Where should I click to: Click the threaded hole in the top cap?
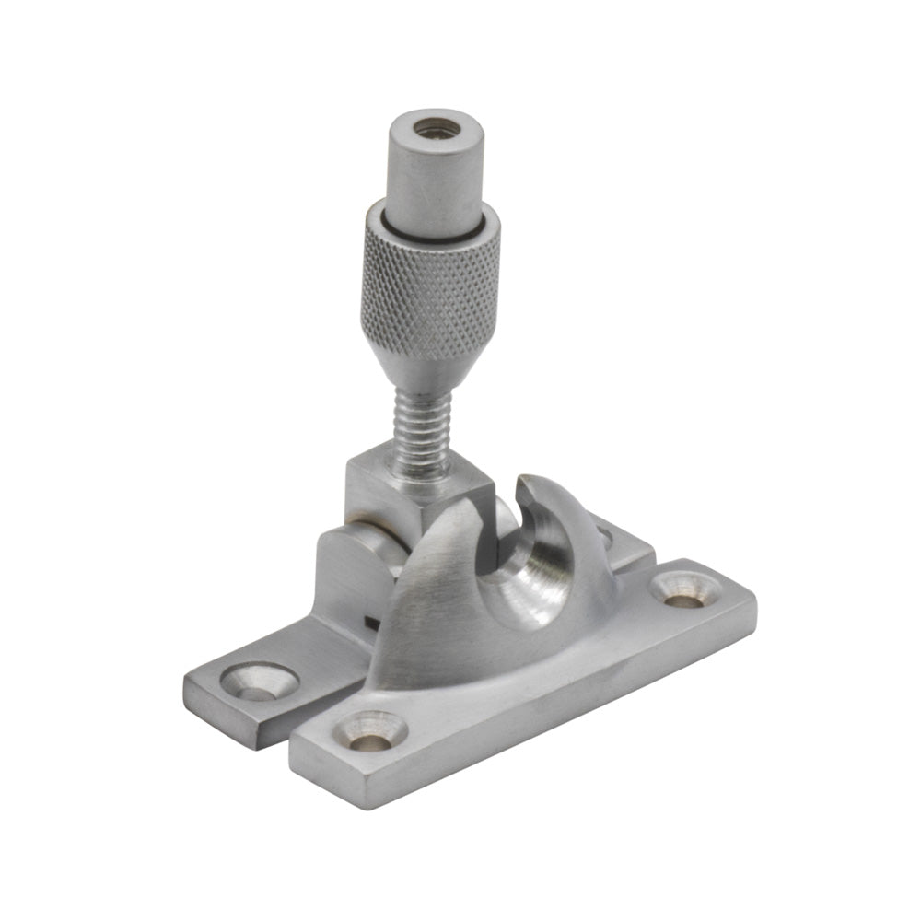point(430,128)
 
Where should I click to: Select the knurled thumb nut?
point(430,276)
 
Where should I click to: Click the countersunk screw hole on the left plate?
point(259,682)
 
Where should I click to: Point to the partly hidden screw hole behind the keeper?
point(605,533)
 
